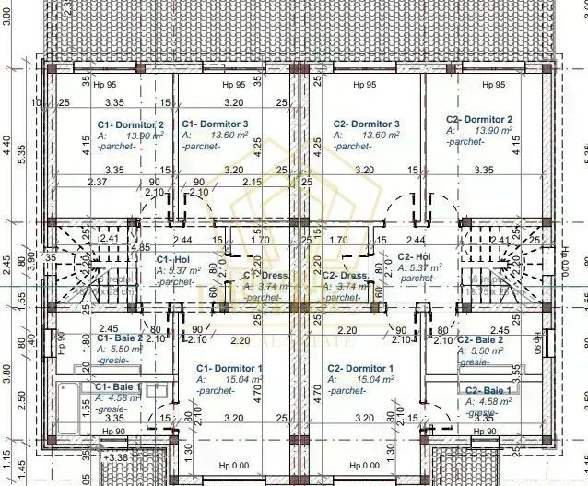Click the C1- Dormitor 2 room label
click(130, 124)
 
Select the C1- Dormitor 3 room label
click(215, 124)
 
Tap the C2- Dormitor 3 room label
click(366, 124)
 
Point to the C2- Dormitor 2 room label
click(479, 119)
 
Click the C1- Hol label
click(172, 260)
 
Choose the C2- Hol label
click(414, 257)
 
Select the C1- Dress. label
click(265, 275)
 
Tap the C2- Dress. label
click(347, 275)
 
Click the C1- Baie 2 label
click(119, 338)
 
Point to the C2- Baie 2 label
click(480, 340)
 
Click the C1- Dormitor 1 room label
click(229, 369)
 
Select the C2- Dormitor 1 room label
click(361, 369)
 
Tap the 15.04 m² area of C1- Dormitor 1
click(232, 379)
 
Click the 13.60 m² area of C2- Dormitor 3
click(380, 135)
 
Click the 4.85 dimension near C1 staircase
click(140, 248)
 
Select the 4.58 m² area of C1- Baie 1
click(123, 397)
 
